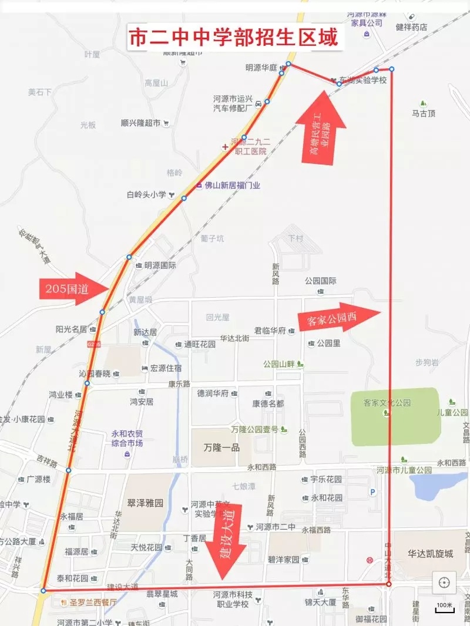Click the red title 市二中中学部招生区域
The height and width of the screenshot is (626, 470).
(233, 38)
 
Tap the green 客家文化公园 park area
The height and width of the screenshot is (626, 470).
(395, 416)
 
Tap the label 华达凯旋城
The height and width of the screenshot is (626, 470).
(431, 553)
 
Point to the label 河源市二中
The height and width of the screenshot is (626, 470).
(276, 527)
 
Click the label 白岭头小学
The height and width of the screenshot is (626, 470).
(146, 194)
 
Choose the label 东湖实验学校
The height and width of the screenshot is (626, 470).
(362, 80)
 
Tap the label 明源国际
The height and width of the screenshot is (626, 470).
(160, 265)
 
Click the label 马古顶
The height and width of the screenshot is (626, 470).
(424, 113)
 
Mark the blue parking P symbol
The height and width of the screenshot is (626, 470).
(372, 492)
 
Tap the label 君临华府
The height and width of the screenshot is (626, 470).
(270, 331)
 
